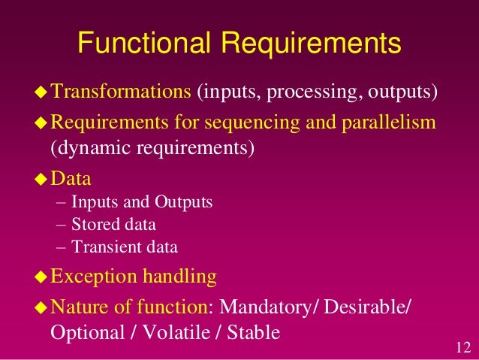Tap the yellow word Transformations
120,92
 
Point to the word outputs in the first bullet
399,93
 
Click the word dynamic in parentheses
89,147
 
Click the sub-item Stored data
113,224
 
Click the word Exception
95,277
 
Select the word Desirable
372,307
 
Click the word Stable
252,331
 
